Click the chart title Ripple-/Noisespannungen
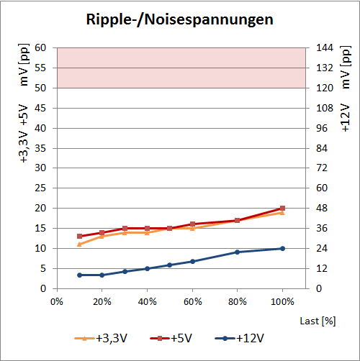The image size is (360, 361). click(x=179, y=19)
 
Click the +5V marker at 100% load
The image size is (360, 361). click(x=282, y=208)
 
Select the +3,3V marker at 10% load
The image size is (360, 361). click(x=79, y=245)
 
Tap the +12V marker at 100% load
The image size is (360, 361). click(x=282, y=248)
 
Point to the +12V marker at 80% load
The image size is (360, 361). click(x=237, y=252)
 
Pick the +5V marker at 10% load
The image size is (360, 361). click(x=79, y=236)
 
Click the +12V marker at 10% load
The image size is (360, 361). click(x=79, y=275)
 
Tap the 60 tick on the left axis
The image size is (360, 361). click(x=40, y=48)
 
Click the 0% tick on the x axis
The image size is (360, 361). click(x=57, y=301)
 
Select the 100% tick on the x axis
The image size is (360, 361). click(x=282, y=301)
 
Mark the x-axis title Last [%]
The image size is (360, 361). click(x=317, y=319)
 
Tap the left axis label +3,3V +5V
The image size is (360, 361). click(x=24, y=134)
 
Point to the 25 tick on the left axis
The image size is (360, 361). click(x=40, y=188)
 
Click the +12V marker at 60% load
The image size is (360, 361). click(x=192, y=261)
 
